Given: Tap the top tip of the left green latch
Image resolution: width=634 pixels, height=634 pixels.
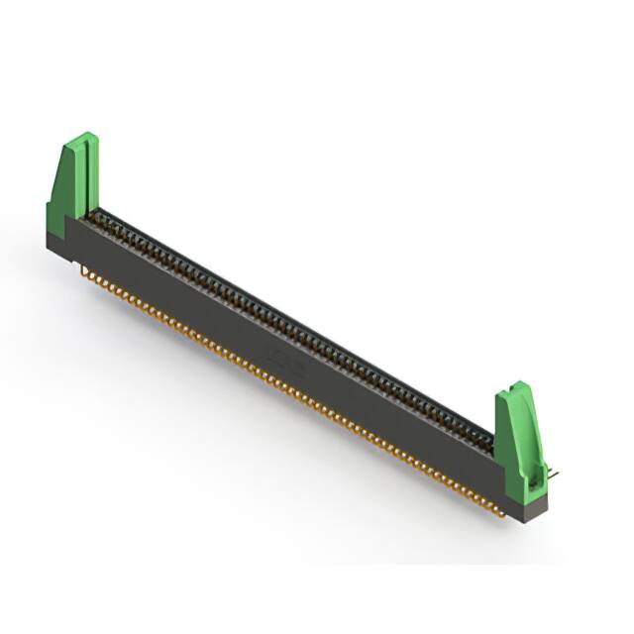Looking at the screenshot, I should click(86, 137).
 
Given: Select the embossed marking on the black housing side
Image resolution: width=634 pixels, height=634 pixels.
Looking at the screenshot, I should click(284, 359).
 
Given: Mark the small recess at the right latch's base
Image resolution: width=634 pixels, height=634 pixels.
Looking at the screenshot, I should click(535, 484).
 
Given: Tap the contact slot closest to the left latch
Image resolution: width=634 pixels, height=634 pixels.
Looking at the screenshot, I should click(95, 217).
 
